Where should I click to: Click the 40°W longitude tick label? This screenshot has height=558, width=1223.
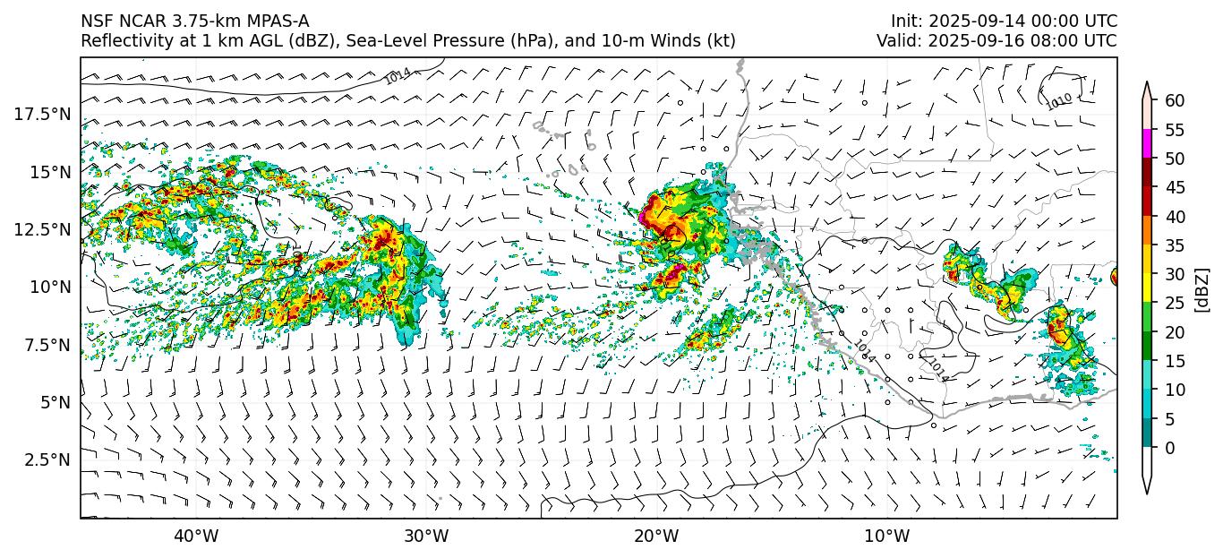[195, 537]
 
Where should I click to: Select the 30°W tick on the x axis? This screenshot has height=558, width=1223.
[426, 537]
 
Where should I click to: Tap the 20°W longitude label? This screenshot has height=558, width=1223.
[656, 537]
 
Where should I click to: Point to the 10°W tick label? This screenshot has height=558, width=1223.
[887, 537]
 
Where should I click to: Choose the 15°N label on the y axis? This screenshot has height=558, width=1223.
[48, 172]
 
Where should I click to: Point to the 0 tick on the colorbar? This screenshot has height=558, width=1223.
[1169, 448]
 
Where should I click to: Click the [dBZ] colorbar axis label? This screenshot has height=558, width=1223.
[1202, 288]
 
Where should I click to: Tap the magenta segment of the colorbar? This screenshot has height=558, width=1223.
[1147, 144]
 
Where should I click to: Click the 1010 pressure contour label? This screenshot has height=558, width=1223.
[1059, 102]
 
